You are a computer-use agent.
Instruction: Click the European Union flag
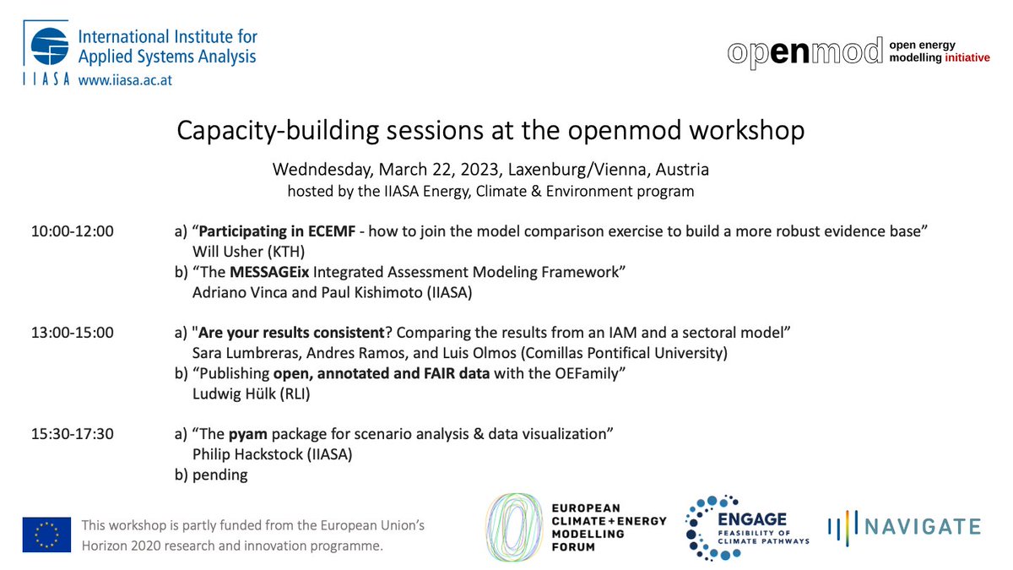(46, 535)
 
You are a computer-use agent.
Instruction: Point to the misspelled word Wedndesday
(319, 169)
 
